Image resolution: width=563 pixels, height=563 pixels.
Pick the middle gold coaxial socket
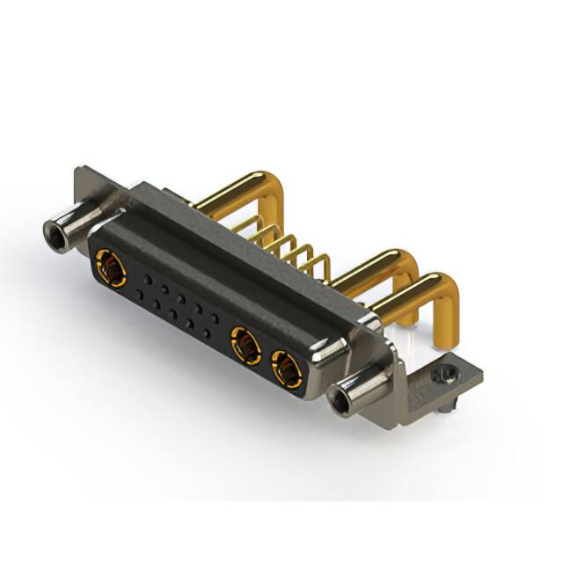coord(245,344)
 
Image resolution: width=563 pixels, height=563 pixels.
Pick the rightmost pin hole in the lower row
coord(207,333)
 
